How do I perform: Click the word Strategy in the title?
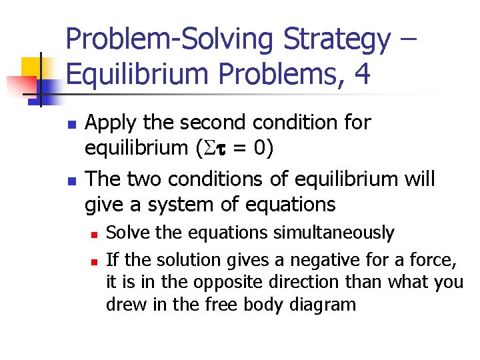tap(337, 39)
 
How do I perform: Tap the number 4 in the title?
tap(362, 75)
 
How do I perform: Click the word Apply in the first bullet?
tap(111, 122)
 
